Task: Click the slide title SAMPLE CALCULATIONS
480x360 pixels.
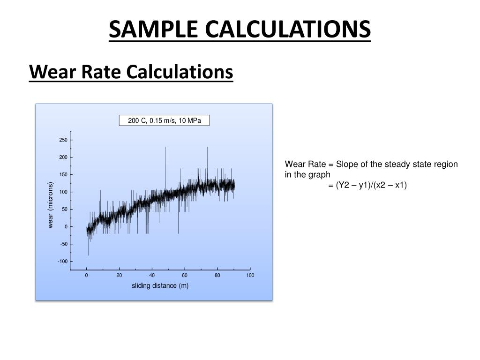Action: point(240,29)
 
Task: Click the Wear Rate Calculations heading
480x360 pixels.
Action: point(131,72)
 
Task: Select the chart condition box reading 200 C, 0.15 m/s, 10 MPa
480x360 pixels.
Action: point(165,120)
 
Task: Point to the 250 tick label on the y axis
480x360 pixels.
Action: point(63,140)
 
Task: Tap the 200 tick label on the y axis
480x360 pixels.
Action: point(63,157)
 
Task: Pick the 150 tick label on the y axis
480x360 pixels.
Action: point(63,175)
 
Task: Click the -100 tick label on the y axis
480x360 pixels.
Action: point(62,262)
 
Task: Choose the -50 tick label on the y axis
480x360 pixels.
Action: point(63,244)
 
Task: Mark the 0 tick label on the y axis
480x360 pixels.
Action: point(66,227)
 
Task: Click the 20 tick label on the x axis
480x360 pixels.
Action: point(120,276)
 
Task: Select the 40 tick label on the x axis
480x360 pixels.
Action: point(152,276)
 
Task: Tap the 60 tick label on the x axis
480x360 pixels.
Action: point(185,276)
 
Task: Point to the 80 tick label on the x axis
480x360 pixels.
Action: point(217,276)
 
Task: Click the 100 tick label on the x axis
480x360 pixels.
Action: point(250,276)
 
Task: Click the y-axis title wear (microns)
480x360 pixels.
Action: point(51,205)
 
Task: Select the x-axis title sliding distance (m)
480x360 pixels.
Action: point(160,286)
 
